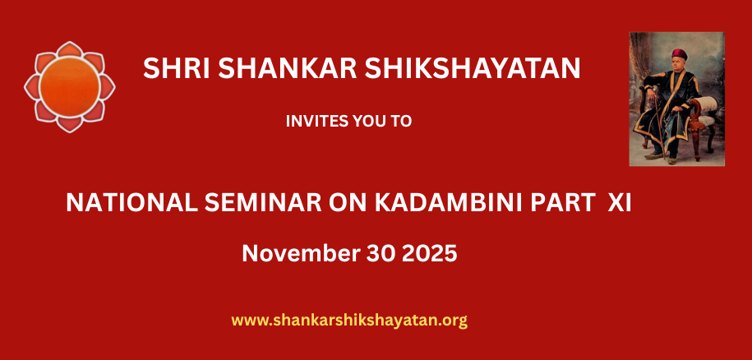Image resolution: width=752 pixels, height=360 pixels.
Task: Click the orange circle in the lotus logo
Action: [x=70, y=87]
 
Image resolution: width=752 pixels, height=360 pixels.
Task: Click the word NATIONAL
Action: [x=131, y=203]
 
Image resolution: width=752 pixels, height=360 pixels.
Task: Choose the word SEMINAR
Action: [x=263, y=203]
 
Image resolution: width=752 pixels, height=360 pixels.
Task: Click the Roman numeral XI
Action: [x=620, y=203]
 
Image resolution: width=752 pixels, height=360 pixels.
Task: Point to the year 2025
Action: [x=429, y=253]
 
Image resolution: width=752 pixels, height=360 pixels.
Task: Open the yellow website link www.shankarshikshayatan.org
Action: [x=349, y=321]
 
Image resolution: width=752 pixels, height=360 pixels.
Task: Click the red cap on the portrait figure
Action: [x=680, y=53]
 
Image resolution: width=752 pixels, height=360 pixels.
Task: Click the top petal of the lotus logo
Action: [x=70, y=49]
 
